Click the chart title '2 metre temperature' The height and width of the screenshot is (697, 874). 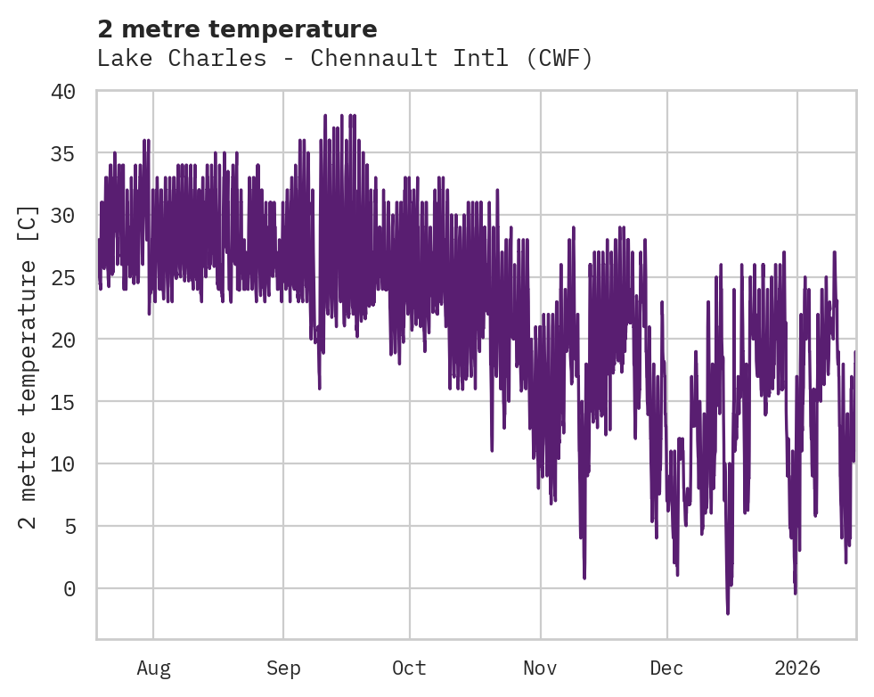tap(237, 29)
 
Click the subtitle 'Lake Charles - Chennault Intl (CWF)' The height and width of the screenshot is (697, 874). tap(345, 59)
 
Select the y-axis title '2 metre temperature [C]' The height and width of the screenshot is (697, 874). tap(29, 366)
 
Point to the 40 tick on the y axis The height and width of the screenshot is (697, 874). tap(61, 92)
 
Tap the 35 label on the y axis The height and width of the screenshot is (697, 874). tap(61, 153)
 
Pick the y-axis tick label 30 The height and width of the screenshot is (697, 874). tap(61, 216)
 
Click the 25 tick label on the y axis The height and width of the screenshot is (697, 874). tap(61, 278)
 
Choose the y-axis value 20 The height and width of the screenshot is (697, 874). tap(61, 340)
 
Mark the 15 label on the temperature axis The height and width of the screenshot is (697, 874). tap(61, 402)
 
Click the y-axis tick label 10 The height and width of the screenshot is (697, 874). tap(61, 464)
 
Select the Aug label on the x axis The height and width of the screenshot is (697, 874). tap(153, 668)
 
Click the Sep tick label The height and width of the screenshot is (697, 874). tap(283, 668)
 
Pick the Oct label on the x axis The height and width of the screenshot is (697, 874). tap(409, 668)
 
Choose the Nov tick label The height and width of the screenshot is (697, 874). tap(540, 668)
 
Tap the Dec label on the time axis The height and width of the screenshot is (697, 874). tap(666, 668)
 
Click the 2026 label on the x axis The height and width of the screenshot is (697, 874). tap(796, 668)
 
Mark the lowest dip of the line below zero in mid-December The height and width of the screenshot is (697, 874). tap(728, 612)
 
